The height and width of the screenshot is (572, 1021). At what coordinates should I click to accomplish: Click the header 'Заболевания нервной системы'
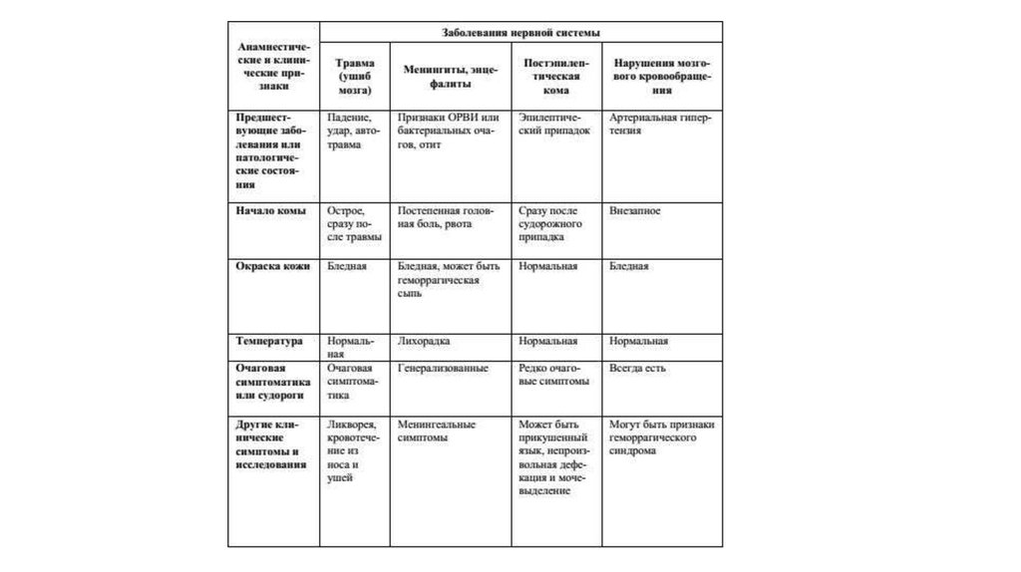pos(521,32)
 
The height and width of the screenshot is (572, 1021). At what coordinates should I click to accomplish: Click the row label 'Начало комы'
pos(270,211)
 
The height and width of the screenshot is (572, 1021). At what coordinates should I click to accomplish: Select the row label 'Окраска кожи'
pos(273,267)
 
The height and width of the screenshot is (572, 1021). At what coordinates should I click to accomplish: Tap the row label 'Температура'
pos(269,341)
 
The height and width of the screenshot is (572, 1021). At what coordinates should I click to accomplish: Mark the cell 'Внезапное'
pos(635,211)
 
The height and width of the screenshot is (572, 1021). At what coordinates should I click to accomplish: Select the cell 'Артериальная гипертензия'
pos(659,124)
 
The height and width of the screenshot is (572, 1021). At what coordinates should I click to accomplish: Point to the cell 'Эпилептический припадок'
pos(555,124)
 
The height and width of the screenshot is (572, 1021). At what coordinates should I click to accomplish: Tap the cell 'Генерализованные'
pos(443,368)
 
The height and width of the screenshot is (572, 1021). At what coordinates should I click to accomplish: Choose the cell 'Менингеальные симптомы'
pos(436,430)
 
